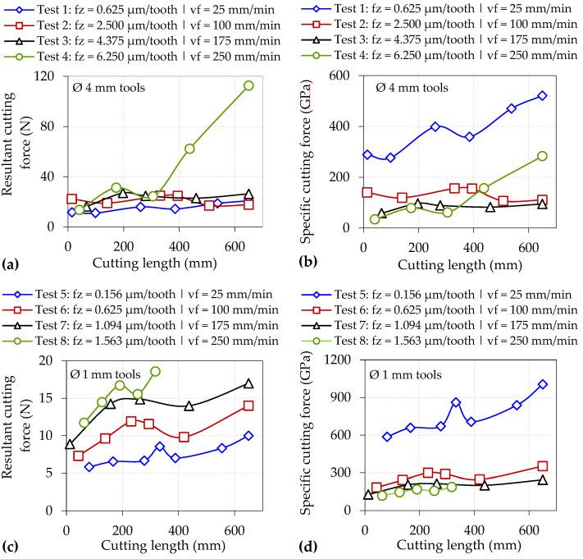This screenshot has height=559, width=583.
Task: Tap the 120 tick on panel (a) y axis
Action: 49,76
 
